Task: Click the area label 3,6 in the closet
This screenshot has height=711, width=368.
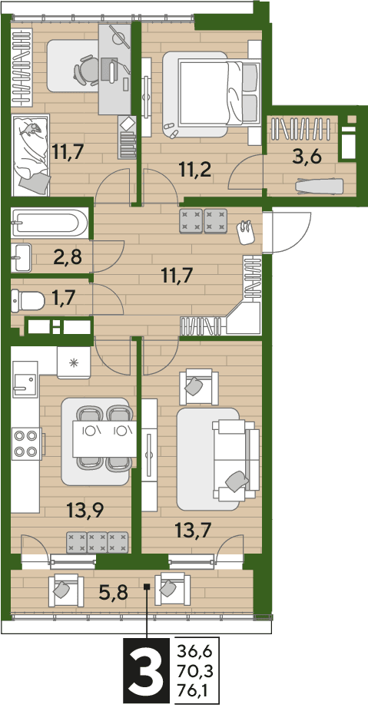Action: tap(308, 158)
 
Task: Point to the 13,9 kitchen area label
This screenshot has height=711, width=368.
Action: tap(85, 511)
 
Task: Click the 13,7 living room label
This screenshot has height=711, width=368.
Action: tap(194, 529)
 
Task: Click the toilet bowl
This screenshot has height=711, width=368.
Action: tap(28, 300)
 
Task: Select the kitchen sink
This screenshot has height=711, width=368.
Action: tap(24, 379)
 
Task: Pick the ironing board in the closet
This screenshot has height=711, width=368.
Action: tap(319, 186)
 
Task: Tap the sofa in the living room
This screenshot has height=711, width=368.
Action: tap(236, 460)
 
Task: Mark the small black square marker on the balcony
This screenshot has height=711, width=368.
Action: tap(147, 586)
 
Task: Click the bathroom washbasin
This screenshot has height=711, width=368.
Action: tap(21, 257)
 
